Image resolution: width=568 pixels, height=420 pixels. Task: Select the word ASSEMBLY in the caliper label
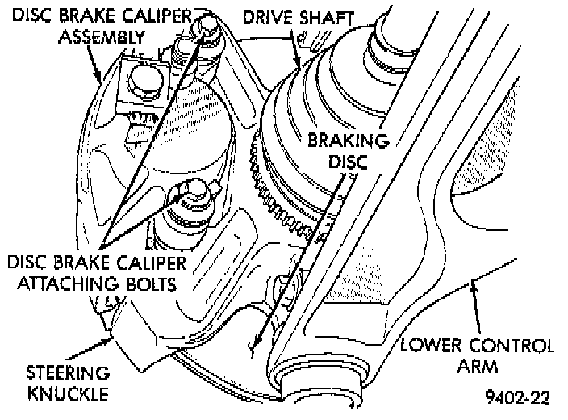[x=106, y=36]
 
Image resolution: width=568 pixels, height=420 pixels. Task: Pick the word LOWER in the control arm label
[x=432, y=346]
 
